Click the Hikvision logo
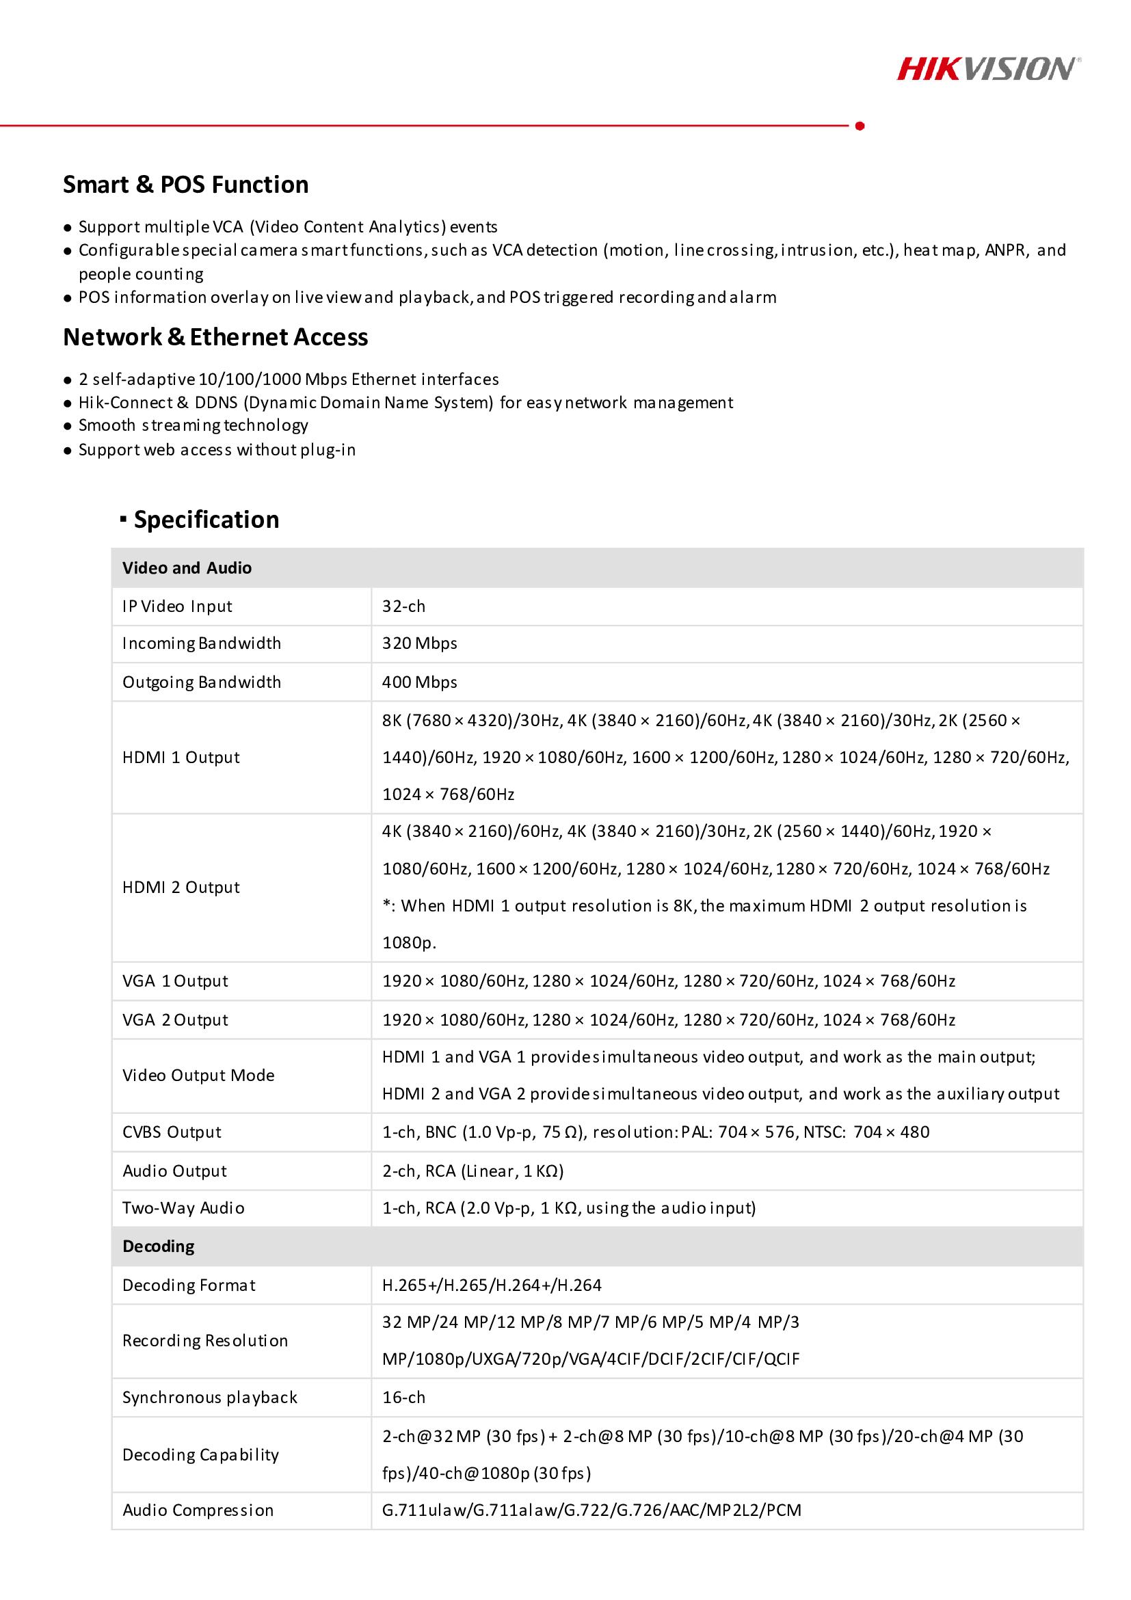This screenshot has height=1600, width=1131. [987, 69]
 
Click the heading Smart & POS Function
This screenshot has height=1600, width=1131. [185, 185]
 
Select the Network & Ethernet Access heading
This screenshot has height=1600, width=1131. [215, 337]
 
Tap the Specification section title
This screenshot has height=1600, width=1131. [207, 520]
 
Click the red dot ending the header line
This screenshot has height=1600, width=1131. [860, 126]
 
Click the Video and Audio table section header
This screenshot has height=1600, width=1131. [187, 568]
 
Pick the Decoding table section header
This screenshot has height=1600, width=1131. [158, 1246]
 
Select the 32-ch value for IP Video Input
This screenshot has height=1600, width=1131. [403, 606]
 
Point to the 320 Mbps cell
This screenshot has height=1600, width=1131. [419, 643]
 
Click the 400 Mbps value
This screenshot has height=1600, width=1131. [419, 682]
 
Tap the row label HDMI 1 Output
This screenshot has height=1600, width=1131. [181, 758]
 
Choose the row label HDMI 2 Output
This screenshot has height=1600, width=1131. [181, 887]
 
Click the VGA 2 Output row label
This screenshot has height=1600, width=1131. [176, 1019]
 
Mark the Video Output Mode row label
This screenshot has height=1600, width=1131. [198, 1076]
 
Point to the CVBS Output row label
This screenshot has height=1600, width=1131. [172, 1132]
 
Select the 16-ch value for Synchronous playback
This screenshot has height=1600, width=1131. [403, 1397]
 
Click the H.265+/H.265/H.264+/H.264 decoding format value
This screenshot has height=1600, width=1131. [492, 1285]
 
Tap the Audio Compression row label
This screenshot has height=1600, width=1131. [198, 1510]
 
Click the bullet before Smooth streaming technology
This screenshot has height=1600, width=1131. [68, 427]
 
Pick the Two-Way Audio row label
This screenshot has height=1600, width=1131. [184, 1208]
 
